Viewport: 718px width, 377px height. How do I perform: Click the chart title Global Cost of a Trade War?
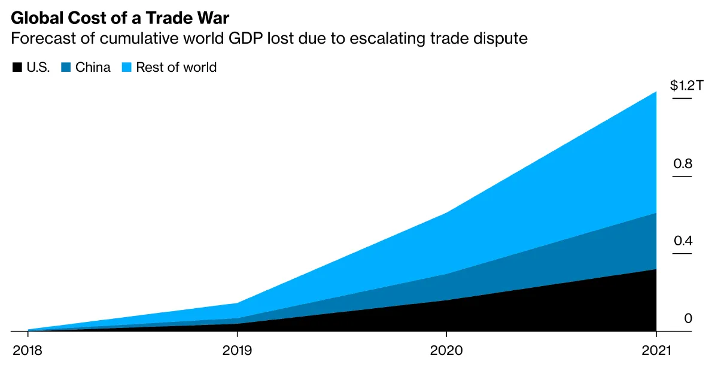(x=120, y=17)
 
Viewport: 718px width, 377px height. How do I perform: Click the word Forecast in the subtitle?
(x=39, y=39)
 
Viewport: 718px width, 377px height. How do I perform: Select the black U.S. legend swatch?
(x=17, y=67)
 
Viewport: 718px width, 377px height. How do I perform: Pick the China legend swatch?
(x=66, y=67)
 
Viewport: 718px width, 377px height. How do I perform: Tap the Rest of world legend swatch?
(x=127, y=67)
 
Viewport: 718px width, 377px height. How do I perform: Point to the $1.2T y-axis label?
(x=687, y=86)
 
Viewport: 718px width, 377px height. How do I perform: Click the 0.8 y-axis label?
(x=683, y=163)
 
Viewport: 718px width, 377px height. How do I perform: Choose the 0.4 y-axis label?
(x=683, y=241)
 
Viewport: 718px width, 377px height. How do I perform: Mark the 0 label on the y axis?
(x=688, y=318)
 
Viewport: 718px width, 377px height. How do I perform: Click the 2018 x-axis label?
(x=28, y=351)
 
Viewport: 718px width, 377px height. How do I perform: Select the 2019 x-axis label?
(x=238, y=351)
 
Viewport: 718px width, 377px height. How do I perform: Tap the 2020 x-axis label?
(x=446, y=351)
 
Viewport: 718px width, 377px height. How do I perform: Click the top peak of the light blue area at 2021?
(x=656, y=93)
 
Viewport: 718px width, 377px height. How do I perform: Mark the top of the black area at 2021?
(x=656, y=270)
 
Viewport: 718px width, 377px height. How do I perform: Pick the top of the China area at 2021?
(x=656, y=214)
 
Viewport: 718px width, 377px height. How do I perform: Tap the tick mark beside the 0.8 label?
(x=682, y=176)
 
